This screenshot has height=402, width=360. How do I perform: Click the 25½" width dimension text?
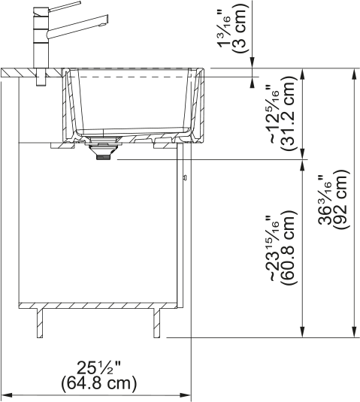point(98,368)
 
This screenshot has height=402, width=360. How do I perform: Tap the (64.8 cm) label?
point(98,383)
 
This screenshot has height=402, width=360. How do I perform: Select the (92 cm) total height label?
point(341,199)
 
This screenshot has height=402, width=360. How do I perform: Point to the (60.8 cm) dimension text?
point(289,247)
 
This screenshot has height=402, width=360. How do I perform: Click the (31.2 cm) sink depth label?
point(289,112)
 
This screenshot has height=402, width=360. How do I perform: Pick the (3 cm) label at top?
point(239,29)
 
